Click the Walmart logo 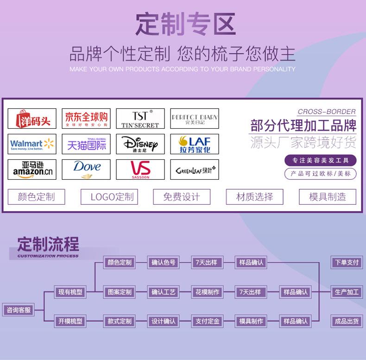point(32,144)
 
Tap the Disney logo point(140,144)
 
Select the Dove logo point(86,170)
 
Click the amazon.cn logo point(32,170)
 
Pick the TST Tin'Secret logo point(140,119)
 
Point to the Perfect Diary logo point(195,119)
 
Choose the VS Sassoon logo point(140,170)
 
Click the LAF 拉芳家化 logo point(195,144)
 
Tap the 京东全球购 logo point(86,119)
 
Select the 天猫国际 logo point(86,144)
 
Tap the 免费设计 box point(181,197)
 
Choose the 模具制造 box point(328,197)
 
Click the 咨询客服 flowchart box point(19,310)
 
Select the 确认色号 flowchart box point(163,262)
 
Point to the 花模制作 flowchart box point(207,292)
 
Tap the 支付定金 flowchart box point(207,321)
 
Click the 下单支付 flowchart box point(347,262)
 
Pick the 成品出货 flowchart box point(347,321)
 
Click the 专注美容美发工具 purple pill point(321,160)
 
